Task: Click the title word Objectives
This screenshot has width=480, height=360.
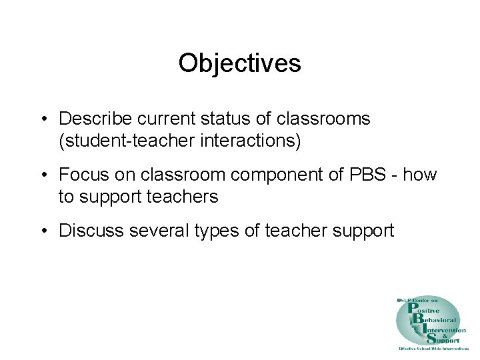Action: [240, 63]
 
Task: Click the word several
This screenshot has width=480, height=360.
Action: [155, 231]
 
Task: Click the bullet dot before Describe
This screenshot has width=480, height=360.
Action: [42, 120]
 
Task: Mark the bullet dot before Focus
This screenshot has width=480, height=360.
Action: [42, 176]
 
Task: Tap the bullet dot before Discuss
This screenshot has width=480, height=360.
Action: [42, 231]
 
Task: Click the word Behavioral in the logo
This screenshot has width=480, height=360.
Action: [436, 319]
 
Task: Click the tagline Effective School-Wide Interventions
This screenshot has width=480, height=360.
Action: [433, 349]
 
